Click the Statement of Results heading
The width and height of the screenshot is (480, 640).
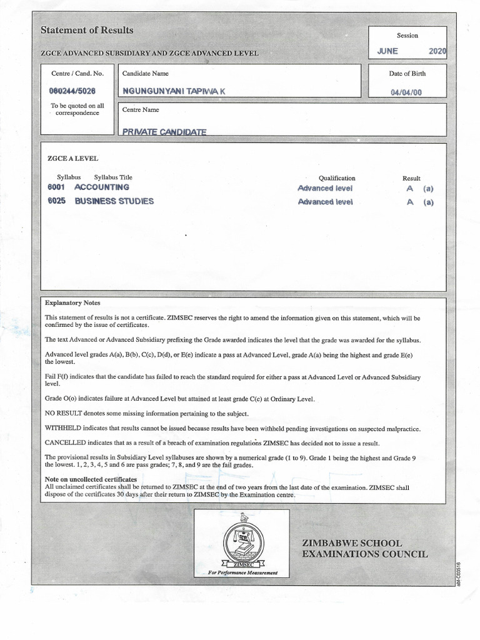coord(87,30)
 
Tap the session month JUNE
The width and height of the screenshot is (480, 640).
coord(387,51)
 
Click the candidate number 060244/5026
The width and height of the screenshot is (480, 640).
coord(72,91)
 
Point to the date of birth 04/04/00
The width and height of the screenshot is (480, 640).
coord(407,92)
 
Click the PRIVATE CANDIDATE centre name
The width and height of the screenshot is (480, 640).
coord(164,132)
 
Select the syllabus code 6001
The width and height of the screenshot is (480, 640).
coord(56,187)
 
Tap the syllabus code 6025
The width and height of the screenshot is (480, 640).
coord(56,201)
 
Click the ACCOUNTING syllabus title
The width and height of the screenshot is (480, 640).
coord(102,187)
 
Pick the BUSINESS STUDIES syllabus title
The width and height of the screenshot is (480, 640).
coord(114,201)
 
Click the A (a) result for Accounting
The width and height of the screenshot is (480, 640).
coord(419,187)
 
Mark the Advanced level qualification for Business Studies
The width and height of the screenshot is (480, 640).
coord(325,202)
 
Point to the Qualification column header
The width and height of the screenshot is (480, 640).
coord(337,178)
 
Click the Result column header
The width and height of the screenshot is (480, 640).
coord(411,178)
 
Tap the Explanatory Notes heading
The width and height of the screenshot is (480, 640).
coord(73,303)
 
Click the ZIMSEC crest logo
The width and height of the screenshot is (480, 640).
coord(242,539)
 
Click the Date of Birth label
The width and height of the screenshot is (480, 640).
coord(407,74)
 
